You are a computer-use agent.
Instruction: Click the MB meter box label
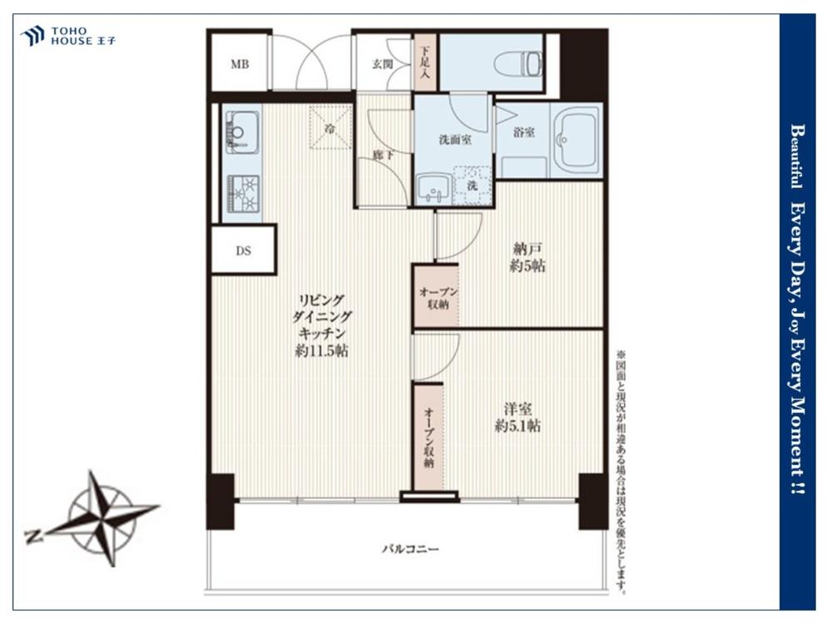[x=240, y=65]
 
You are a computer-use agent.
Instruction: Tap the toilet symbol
[x=518, y=64]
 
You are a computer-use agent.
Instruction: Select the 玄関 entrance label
[x=382, y=65]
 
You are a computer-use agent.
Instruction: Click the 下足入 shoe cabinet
[x=425, y=62]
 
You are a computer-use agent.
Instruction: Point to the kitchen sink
[x=242, y=132]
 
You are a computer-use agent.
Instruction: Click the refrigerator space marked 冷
[x=330, y=127]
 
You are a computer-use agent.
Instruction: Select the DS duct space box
[x=244, y=250]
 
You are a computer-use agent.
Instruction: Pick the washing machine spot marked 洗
[x=473, y=186]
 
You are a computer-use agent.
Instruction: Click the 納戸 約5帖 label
[x=527, y=257]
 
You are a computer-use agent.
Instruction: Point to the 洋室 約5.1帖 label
[x=518, y=418]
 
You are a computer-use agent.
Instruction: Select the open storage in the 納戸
[x=437, y=297]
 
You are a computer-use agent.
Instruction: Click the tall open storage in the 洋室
[x=428, y=437]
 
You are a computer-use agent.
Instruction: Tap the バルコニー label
[x=411, y=548]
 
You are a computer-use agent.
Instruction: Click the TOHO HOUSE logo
[x=67, y=36]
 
